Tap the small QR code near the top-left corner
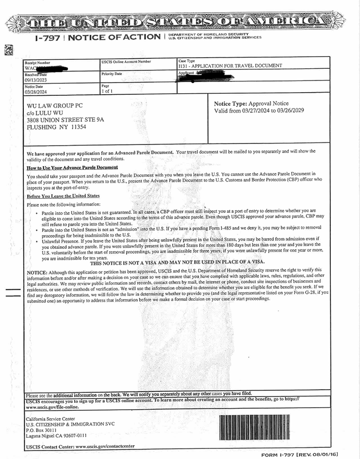click(x=8, y=50)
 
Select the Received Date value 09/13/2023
click(x=35, y=80)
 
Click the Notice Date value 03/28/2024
click(x=35, y=92)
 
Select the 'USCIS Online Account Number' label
click(x=125, y=62)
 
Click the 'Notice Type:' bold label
click(x=230, y=104)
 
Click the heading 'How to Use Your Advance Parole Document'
click(x=72, y=167)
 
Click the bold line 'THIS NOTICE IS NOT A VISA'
click(x=177, y=263)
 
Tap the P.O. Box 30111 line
click(x=41, y=430)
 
